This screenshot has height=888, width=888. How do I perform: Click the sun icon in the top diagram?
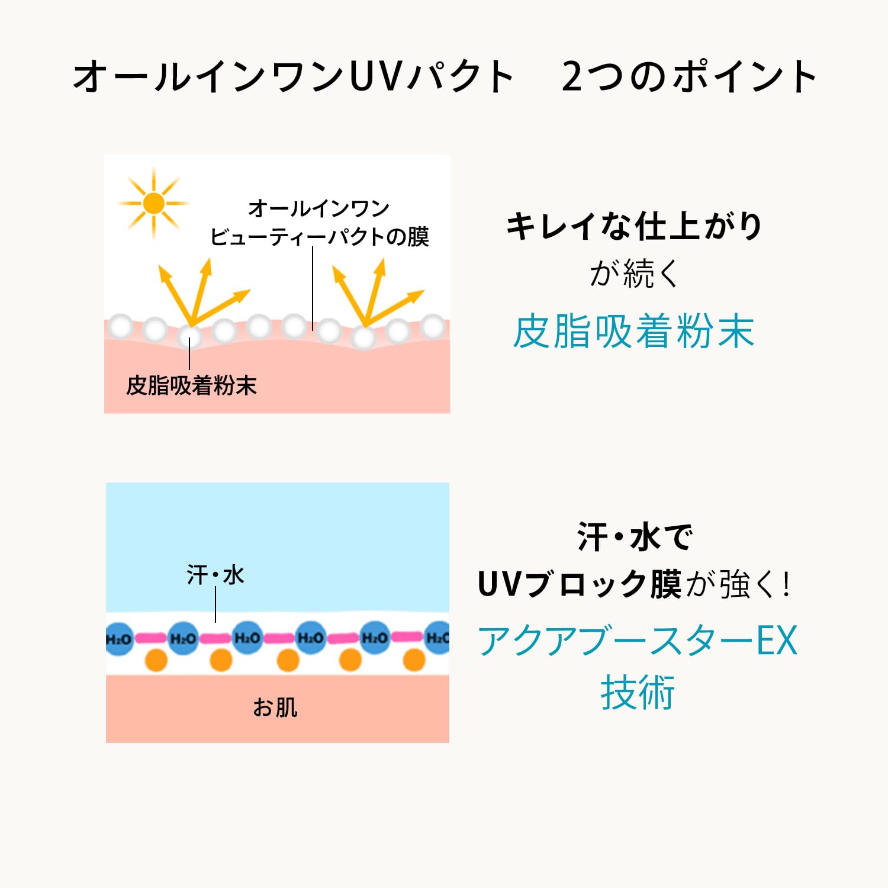click(x=153, y=203)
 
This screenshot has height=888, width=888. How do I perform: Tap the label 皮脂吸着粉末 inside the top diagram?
click(x=191, y=385)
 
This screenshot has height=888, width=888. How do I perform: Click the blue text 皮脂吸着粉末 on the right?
click(x=633, y=332)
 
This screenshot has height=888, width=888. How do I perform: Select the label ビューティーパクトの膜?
click(x=320, y=237)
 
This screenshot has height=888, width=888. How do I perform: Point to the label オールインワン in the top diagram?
click(x=318, y=208)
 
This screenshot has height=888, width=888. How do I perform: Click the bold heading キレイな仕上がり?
click(x=635, y=226)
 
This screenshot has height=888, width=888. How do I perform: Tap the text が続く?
click(x=635, y=274)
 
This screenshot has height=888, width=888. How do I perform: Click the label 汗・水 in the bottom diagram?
click(x=215, y=575)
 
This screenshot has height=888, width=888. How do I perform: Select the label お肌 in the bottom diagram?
click(x=275, y=707)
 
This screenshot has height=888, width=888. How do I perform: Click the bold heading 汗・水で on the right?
click(x=635, y=537)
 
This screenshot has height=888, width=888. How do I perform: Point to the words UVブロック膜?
click(x=580, y=584)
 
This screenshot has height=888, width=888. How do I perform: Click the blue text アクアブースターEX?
click(x=638, y=641)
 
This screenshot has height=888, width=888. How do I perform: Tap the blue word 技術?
click(x=638, y=693)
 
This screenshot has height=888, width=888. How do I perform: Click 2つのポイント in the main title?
click(x=690, y=77)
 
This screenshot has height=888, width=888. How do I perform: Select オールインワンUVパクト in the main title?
click(x=293, y=77)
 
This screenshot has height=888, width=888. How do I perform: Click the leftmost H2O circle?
click(x=119, y=638)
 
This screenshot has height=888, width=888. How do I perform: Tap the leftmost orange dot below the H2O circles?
click(x=156, y=660)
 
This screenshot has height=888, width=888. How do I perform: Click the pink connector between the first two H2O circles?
click(x=151, y=638)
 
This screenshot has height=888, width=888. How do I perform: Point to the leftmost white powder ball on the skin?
click(x=121, y=326)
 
